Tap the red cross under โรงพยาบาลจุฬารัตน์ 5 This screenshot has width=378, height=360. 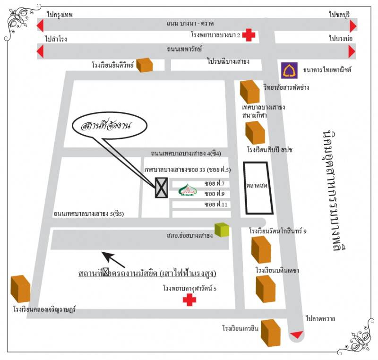(x=189, y=300)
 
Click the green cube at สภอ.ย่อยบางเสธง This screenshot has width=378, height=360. (x=222, y=230)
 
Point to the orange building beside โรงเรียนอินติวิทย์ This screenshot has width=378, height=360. (x=145, y=65)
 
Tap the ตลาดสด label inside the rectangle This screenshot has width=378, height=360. (x=257, y=186)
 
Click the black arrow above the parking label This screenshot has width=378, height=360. (x=114, y=259)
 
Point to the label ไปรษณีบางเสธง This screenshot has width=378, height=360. (x=228, y=61)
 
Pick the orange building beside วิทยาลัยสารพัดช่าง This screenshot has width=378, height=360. (x=250, y=92)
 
